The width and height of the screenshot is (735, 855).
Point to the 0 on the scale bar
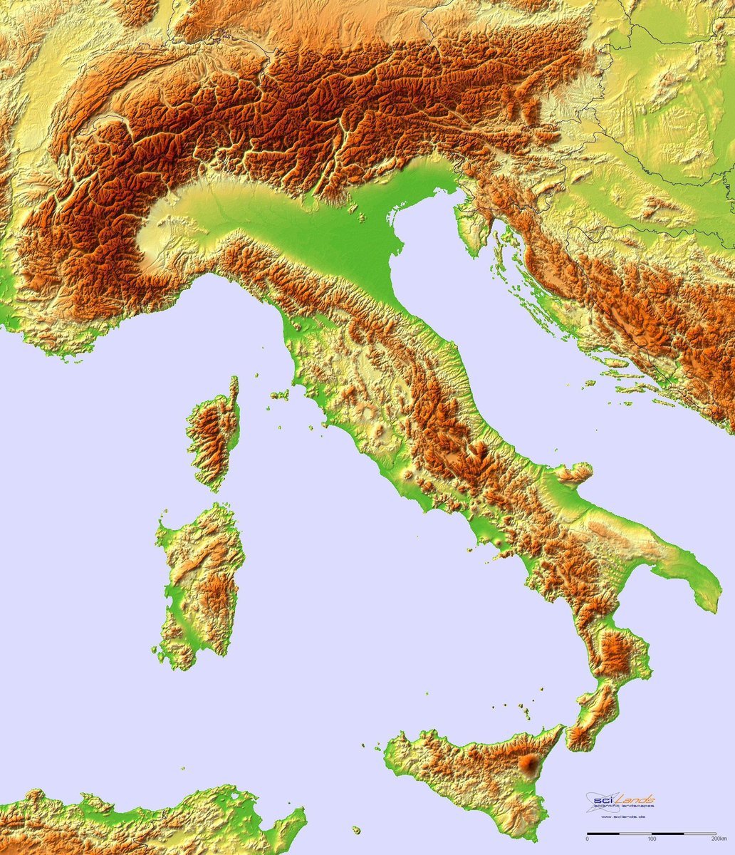click(587, 840)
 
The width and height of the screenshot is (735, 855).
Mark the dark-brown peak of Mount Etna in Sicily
click(529, 765)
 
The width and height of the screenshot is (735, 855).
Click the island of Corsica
click(213, 435)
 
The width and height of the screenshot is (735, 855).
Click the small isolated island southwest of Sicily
click(356, 830)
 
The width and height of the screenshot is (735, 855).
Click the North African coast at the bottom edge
click(142, 819)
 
